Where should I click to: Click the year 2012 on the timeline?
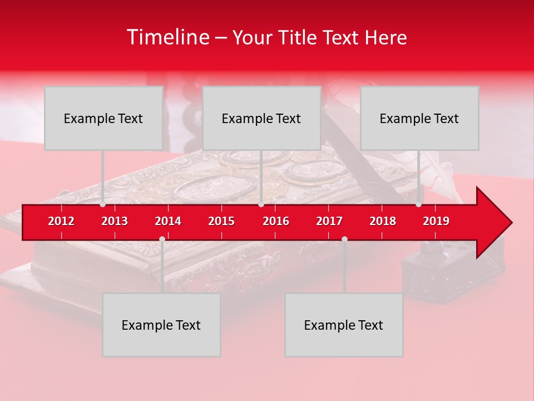click(61, 221)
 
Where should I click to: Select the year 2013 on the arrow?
click(115, 221)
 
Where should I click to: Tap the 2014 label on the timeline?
click(168, 221)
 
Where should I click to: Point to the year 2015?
click(221, 221)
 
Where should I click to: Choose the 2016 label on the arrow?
click(276, 221)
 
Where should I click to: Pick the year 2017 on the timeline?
click(329, 221)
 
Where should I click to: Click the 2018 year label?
click(383, 221)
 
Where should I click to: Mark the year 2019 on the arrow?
click(436, 221)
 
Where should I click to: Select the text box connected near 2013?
click(103, 118)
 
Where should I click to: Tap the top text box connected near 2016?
click(261, 118)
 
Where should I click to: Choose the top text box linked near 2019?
click(419, 118)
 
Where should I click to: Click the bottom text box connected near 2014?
click(161, 325)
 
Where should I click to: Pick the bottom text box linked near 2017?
click(344, 325)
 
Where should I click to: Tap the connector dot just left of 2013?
click(103, 204)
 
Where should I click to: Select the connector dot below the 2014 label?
click(162, 239)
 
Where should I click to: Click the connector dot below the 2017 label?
click(344, 239)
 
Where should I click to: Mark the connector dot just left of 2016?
click(261, 204)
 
